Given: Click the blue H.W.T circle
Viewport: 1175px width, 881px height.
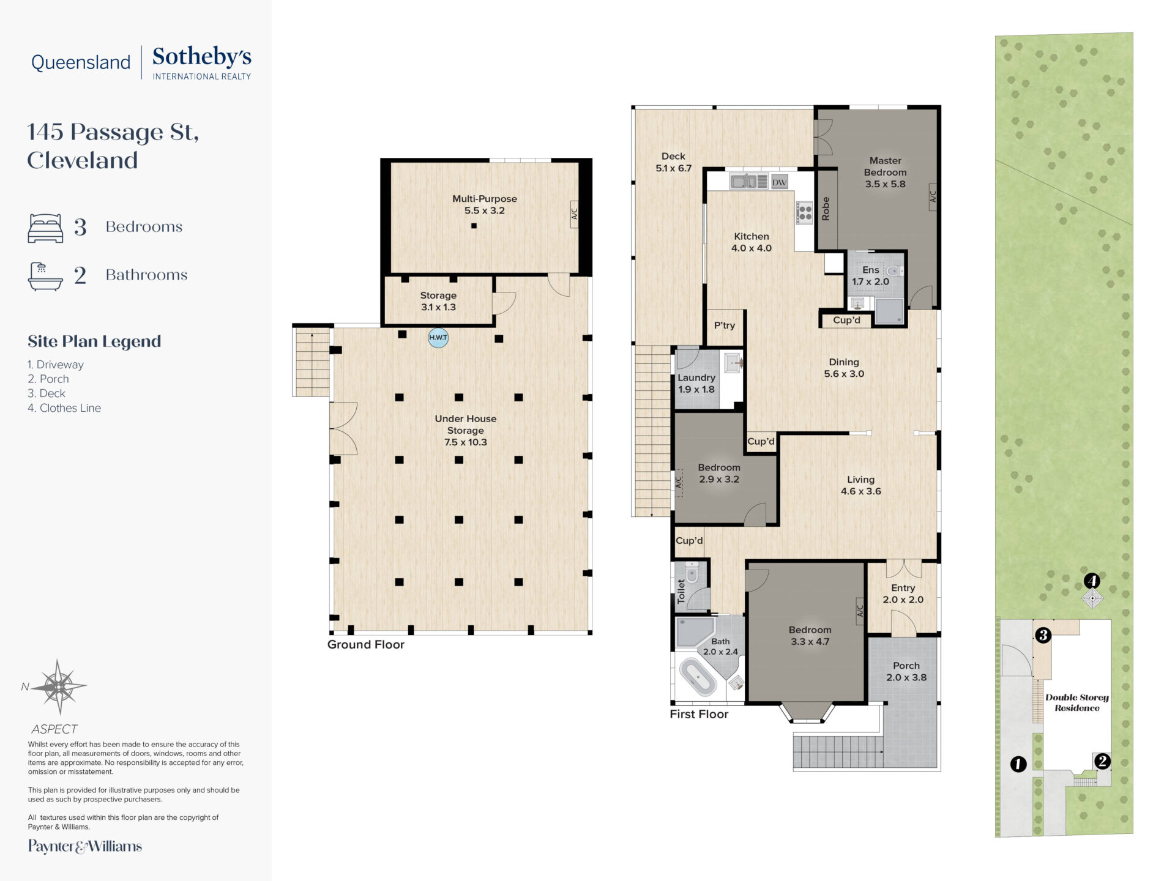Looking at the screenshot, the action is click(x=438, y=338).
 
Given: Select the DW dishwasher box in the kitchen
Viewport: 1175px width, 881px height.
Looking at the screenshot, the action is click(x=779, y=182).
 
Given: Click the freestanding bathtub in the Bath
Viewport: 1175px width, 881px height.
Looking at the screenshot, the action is click(x=698, y=677).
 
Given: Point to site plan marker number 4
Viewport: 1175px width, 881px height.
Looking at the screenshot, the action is click(x=1092, y=580).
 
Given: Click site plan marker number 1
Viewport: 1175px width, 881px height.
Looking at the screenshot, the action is click(x=1018, y=764).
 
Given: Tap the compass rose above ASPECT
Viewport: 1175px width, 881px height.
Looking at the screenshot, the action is click(x=59, y=687).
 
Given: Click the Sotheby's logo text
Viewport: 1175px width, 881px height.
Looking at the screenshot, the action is click(x=202, y=58).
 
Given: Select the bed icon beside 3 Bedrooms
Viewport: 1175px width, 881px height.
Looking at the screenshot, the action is click(x=45, y=228).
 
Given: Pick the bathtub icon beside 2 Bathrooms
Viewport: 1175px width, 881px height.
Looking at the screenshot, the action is click(x=45, y=276).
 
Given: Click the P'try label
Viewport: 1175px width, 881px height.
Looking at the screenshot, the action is click(x=725, y=325).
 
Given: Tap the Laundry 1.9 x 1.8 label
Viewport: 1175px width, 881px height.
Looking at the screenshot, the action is click(x=696, y=384).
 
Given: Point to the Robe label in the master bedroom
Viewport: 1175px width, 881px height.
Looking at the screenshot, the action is click(x=826, y=209).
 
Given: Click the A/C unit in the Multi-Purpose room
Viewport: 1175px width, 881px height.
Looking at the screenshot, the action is click(x=575, y=214).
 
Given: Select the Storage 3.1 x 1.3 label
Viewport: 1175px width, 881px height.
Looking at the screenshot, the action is click(x=438, y=301).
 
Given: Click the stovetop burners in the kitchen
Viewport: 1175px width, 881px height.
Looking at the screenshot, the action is click(x=805, y=213).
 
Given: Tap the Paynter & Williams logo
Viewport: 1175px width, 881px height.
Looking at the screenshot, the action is click(x=85, y=847).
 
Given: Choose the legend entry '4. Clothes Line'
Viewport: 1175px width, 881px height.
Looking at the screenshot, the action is click(x=64, y=408).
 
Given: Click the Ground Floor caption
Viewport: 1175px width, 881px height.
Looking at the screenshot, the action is click(x=366, y=644).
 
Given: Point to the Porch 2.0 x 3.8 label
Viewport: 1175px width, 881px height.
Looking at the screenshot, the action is click(x=906, y=671).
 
